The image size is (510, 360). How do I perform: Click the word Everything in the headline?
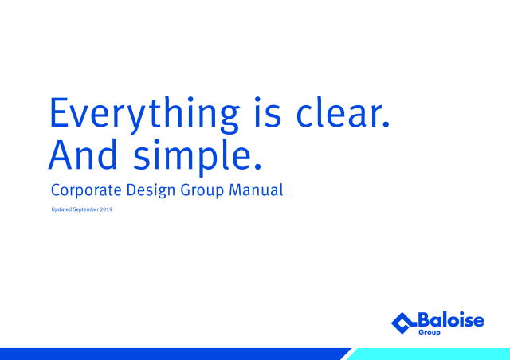tap(145, 115)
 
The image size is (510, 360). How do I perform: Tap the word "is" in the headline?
tap(268, 112)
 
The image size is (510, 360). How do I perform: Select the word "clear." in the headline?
tap(343, 112)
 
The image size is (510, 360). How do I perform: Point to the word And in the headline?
tap(83, 155)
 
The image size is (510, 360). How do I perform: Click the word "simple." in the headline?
tap(198, 158)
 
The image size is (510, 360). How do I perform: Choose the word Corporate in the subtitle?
tap(86, 190)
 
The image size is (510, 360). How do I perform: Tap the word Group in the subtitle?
tap(202, 190)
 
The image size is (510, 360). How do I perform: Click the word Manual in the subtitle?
tap(256, 190)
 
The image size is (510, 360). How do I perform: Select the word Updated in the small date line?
tap(61, 209)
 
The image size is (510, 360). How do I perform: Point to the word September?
tap(85, 209)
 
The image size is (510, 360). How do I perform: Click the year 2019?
tap(106, 209)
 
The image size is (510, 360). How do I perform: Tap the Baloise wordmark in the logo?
tap(451, 319)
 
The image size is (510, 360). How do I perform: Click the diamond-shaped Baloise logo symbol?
tap(403, 323)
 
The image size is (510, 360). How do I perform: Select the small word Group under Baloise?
tap(430, 332)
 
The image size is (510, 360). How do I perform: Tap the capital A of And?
tap(60, 155)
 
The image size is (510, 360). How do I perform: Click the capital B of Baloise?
tap(425, 319)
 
